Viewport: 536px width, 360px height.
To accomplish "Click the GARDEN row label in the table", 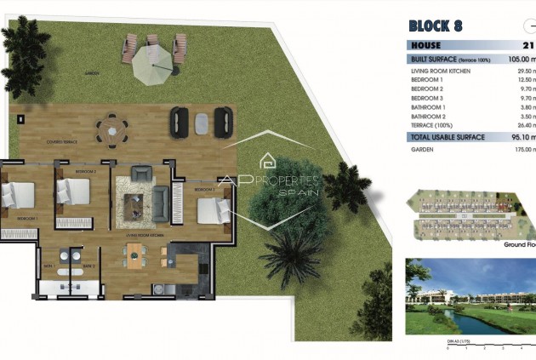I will point(423,149).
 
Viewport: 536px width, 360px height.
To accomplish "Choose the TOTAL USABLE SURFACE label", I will point(448,136).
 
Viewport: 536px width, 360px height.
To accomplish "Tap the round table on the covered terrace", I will point(111,131).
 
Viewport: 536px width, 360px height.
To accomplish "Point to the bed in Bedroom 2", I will point(73,195).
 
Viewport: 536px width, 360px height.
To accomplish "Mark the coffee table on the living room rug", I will point(134,203).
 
